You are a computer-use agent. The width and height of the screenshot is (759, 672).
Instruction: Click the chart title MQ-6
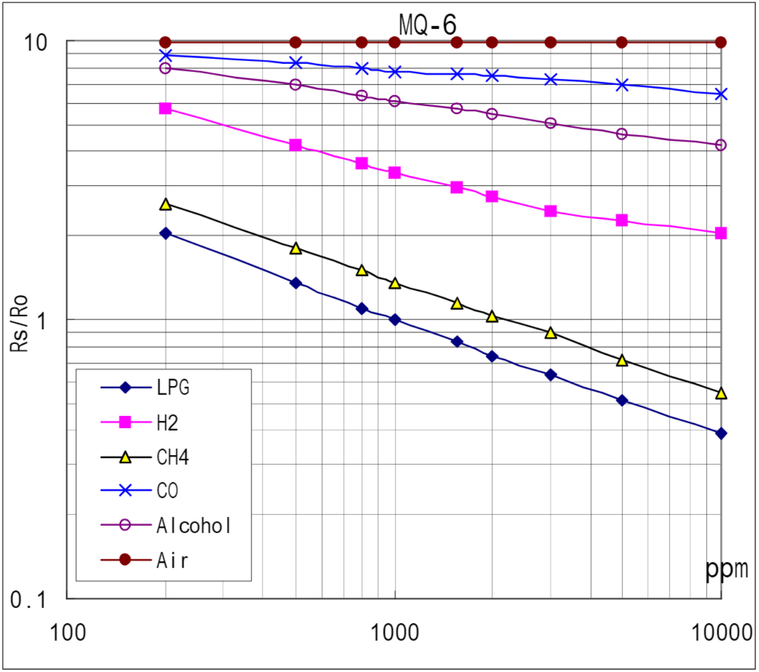point(428,24)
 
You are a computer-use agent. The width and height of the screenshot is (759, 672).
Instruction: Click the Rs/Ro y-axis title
point(20,324)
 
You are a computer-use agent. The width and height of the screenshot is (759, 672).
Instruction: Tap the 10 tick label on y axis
point(35,42)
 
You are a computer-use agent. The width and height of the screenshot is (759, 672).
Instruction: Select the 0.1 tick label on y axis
point(28,599)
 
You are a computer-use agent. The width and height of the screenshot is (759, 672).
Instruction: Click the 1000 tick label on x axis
point(395,632)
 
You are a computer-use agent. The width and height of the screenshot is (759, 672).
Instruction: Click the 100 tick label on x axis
point(68,632)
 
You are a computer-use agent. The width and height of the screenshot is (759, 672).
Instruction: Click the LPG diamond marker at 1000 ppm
point(395,320)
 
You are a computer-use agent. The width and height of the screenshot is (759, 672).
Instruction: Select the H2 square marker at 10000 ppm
point(720,233)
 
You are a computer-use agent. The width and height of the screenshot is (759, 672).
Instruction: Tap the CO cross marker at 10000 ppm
point(720,95)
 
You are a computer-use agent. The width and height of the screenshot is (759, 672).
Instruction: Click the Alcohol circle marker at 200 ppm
point(165,69)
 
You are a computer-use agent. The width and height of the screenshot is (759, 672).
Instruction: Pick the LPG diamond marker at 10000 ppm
point(720,433)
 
